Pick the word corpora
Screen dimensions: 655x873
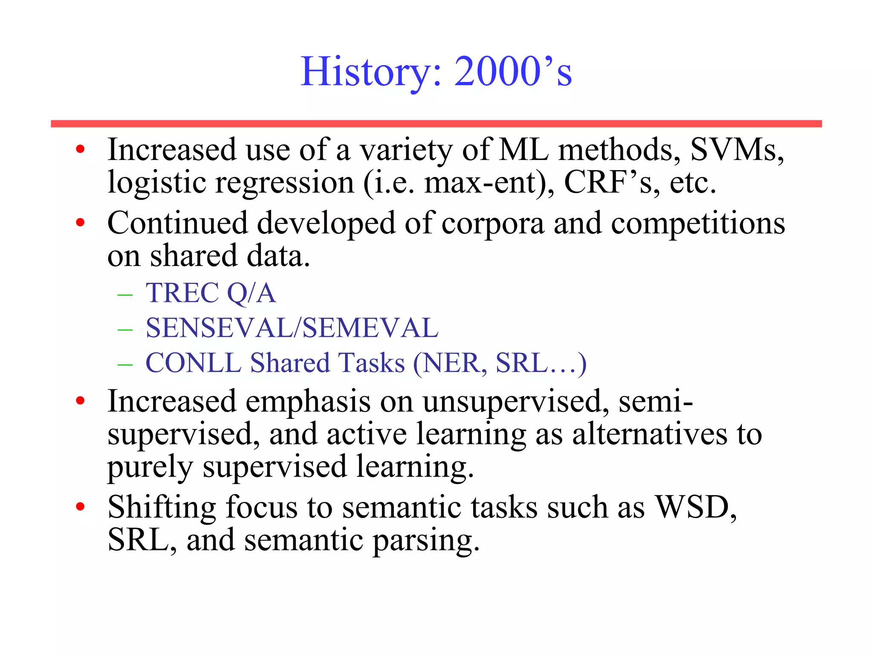(x=493, y=223)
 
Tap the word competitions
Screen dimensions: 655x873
(x=698, y=223)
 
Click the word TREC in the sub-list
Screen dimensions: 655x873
(x=182, y=293)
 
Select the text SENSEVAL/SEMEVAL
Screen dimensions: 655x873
(x=292, y=328)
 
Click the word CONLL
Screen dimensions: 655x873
(x=194, y=363)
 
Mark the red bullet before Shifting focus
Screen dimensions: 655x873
(x=80, y=507)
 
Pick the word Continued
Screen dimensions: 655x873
(x=177, y=223)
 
